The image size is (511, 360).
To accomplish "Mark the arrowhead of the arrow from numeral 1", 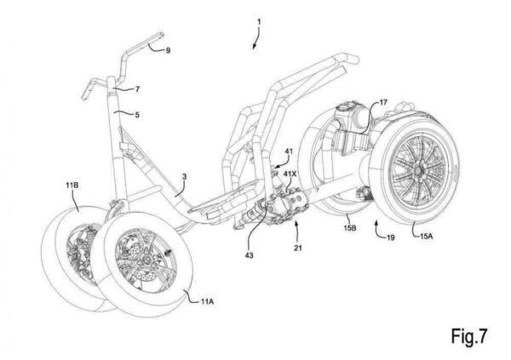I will [252, 47].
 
